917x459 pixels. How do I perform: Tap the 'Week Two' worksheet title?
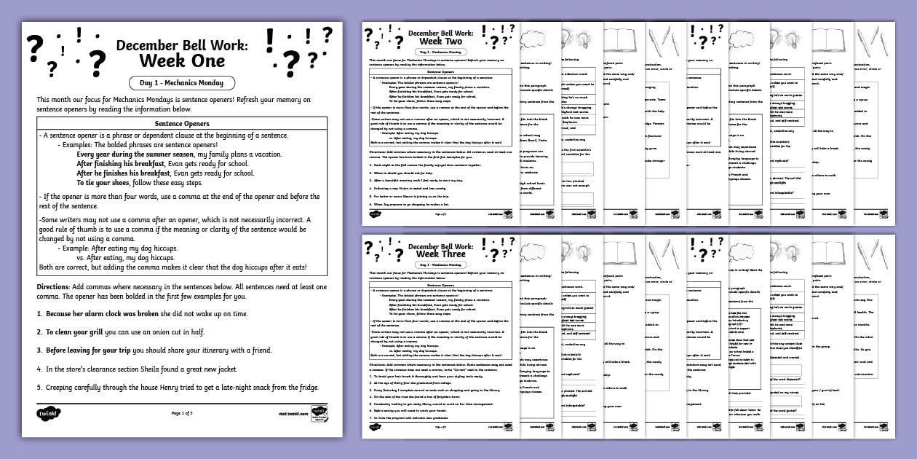click(442, 41)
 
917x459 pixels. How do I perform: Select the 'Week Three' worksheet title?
click(442, 254)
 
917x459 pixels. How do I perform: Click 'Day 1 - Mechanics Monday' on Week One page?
click(182, 83)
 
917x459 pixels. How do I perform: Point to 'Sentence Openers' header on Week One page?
click(182, 124)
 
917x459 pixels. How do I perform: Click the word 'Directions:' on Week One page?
click(53, 287)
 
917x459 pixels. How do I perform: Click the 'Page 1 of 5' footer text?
click(182, 413)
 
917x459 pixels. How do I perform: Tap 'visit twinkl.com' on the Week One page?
click(293, 413)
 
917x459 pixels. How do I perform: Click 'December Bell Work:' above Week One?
click(181, 45)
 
